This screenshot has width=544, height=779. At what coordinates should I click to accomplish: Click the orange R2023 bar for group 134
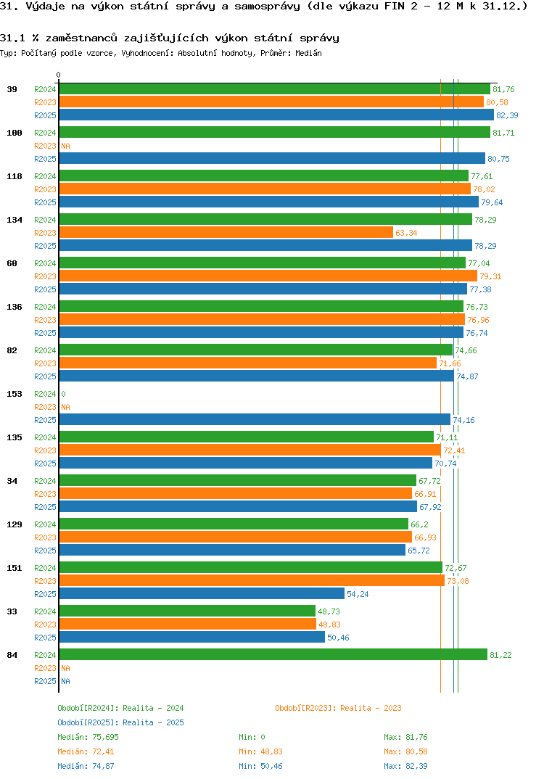(x=226, y=233)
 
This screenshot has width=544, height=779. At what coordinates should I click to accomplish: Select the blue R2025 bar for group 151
(x=202, y=594)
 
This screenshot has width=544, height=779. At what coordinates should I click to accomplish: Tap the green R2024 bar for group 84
(x=273, y=655)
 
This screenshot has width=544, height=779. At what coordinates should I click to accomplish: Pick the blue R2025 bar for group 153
(x=254, y=420)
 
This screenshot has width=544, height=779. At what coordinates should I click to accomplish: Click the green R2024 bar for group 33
(x=187, y=611)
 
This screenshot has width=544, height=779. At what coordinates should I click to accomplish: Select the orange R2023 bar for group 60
(x=268, y=276)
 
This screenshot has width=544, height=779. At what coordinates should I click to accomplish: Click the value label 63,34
(x=406, y=234)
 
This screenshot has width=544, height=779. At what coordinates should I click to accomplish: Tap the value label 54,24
(x=358, y=595)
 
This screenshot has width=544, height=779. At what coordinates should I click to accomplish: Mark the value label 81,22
(x=500, y=656)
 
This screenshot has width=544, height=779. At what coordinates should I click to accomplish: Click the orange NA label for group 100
(x=65, y=147)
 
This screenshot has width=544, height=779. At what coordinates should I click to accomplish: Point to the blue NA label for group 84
(x=65, y=682)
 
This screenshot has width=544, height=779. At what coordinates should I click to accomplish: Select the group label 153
(x=15, y=394)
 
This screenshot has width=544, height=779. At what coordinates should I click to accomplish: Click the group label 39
(x=12, y=89)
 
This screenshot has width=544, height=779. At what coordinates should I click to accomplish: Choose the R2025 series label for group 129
(x=45, y=551)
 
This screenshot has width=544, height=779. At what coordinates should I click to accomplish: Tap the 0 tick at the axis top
(x=59, y=75)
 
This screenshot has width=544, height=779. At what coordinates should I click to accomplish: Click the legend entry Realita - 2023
(x=338, y=708)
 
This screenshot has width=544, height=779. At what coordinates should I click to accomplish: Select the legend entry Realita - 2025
(x=120, y=722)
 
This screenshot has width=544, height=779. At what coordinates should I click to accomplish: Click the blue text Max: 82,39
(x=411, y=766)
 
